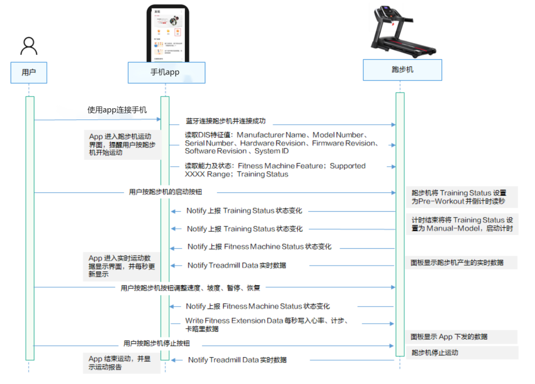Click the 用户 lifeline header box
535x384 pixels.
pyautogui.click(x=29, y=73)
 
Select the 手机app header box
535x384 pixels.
pyautogui.click(x=166, y=73)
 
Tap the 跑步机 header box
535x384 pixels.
pyautogui.click(x=402, y=70)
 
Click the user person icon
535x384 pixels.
pyautogui.click(x=29, y=46)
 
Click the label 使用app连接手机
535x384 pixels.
pyautogui.click(x=117, y=110)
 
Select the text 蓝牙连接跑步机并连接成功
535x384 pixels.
pyautogui.click(x=226, y=121)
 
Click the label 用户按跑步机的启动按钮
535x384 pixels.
pyautogui.click(x=165, y=192)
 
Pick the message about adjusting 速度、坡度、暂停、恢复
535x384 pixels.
pyautogui.click(x=190, y=288)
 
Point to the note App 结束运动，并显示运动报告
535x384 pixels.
pyautogui.click(x=122, y=363)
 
